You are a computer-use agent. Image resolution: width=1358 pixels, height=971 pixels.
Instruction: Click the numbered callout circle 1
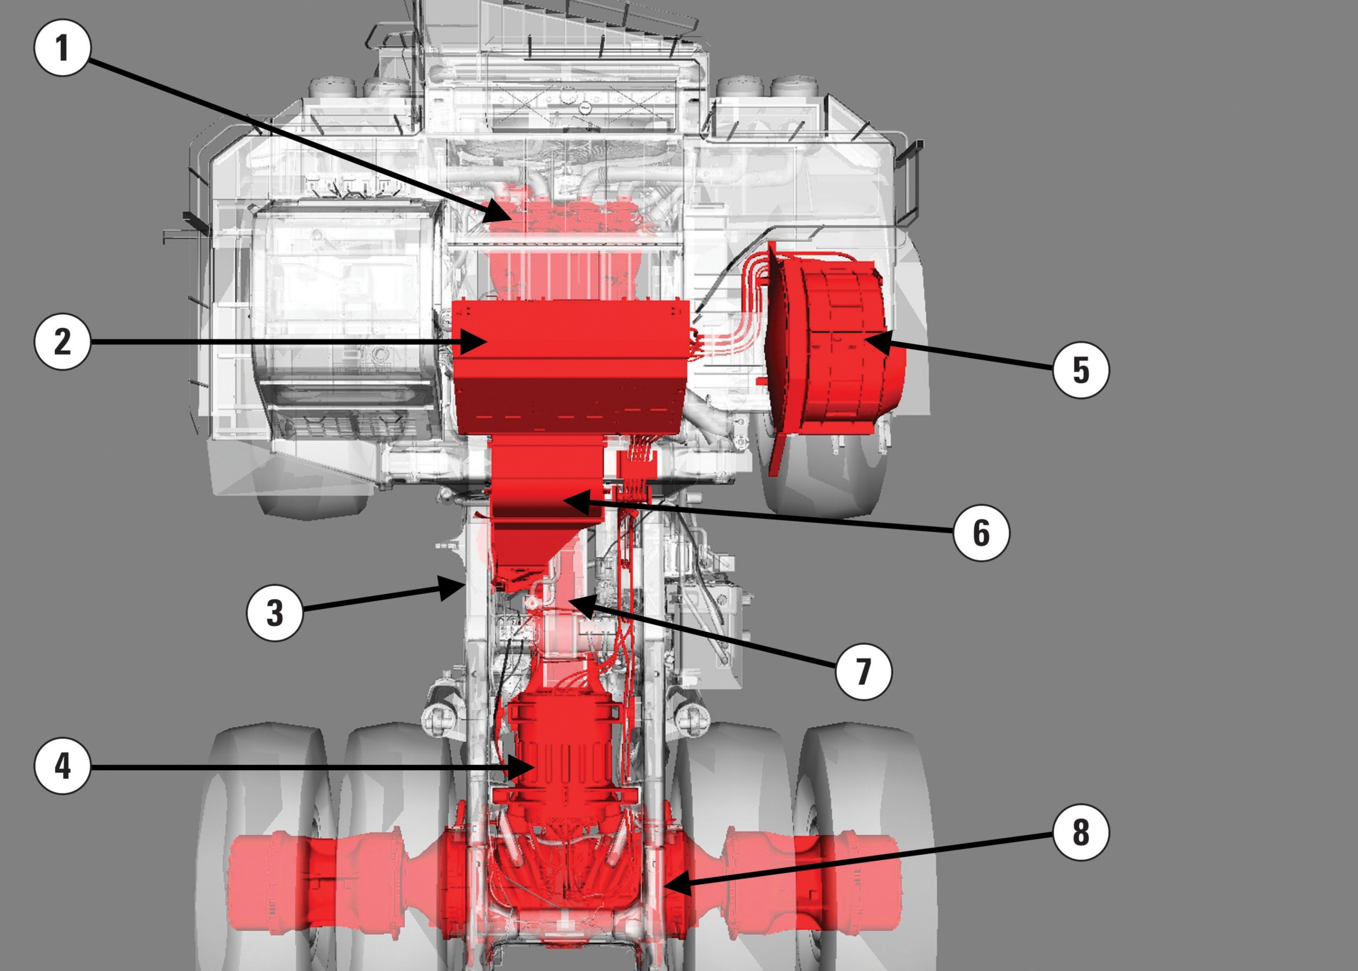(x=62, y=47)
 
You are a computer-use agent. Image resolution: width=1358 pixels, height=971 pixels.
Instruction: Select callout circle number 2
(x=62, y=341)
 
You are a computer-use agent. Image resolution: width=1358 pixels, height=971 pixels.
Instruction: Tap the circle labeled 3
(x=275, y=613)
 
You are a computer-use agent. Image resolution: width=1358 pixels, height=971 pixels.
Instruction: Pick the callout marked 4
(x=62, y=766)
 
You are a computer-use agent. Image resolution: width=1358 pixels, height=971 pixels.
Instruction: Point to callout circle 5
(x=1080, y=370)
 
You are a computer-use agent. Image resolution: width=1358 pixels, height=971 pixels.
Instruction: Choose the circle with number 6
(x=981, y=531)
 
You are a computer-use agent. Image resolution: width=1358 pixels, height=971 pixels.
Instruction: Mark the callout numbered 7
(x=863, y=671)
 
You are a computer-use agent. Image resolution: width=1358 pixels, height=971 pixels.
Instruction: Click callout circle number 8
(x=1080, y=832)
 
